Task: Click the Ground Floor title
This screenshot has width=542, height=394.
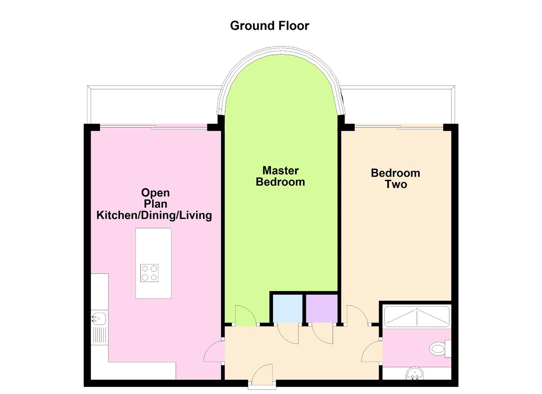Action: pyautogui.click(x=270, y=26)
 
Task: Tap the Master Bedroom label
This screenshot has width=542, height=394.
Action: pyautogui.click(x=280, y=176)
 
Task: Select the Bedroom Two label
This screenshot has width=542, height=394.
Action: pyautogui.click(x=396, y=178)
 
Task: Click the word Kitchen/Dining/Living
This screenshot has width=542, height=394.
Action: pyautogui.click(x=154, y=215)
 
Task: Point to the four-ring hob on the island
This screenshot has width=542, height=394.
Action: pyautogui.click(x=149, y=273)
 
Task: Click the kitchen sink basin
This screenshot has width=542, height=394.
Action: pyautogui.click(x=99, y=318)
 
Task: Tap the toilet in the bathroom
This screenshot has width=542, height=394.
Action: pyautogui.click(x=438, y=348)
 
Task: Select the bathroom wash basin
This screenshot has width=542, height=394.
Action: pyautogui.click(x=417, y=373)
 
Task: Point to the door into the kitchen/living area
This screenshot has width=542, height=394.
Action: pyautogui.click(x=214, y=351)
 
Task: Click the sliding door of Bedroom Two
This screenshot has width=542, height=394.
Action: pyautogui.click(x=399, y=126)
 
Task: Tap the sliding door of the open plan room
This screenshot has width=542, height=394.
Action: pyautogui.click(x=153, y=126)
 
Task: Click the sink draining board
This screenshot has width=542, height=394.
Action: pyautogui.click(x=99, y=335)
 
